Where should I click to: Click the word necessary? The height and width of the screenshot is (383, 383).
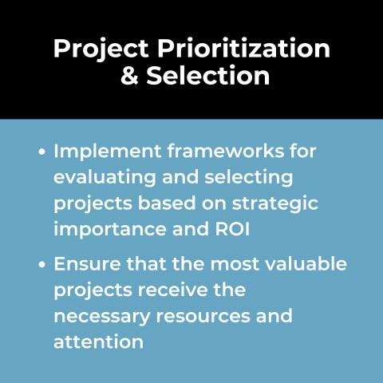click(102, 316)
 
